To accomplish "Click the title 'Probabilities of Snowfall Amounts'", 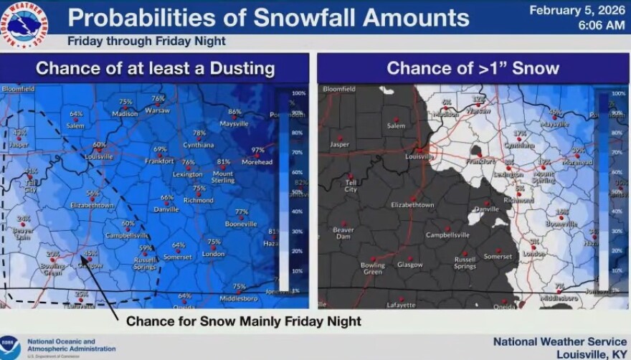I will tap(268, 17).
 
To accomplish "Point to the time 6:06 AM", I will tap(600, 25).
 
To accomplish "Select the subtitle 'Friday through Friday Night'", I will tap(146, 41).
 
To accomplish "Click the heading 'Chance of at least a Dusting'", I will tap(155, 68).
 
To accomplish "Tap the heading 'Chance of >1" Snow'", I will tap(473, 68).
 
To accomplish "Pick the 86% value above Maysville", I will tap(234, 112).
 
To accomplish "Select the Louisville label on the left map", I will tap(99, 156).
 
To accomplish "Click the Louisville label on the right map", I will tap(419, 156).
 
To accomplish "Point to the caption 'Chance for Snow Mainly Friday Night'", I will tap(244, 321).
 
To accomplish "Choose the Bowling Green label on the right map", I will tap(373, 269).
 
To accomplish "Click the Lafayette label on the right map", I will tap(401, 305).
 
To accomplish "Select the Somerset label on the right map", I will tap(498, 256).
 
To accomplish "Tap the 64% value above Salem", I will tap(76, 114).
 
